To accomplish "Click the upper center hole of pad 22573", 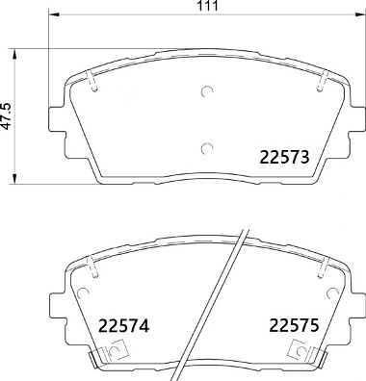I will tap(206, 93).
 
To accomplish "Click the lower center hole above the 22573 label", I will tap(206, 147).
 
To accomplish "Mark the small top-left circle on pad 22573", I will tap(93, 88).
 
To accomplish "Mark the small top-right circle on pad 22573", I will tap(319, 88).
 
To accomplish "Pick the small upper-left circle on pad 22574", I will tap(93, 272).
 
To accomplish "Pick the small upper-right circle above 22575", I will tap(319, 272).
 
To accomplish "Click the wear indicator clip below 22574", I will tap(106, 359).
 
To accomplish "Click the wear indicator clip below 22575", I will tap(307, 359).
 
